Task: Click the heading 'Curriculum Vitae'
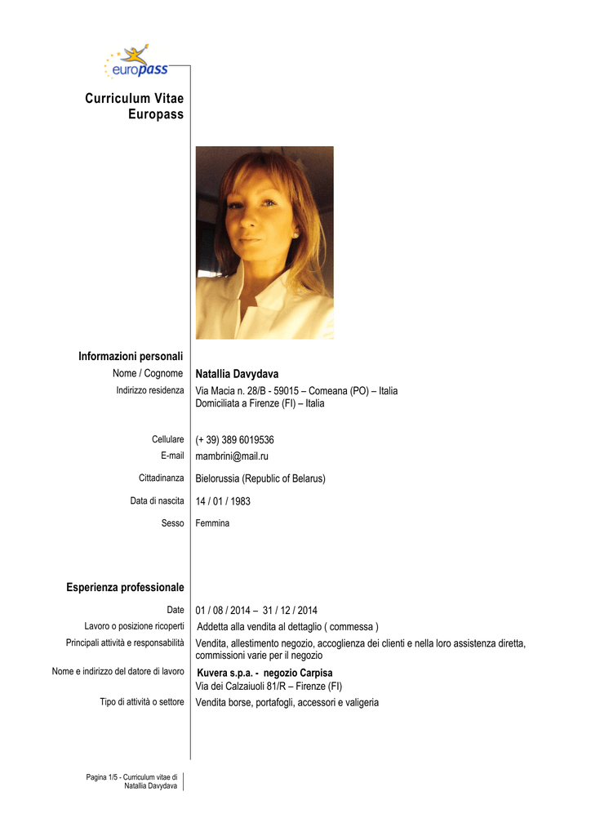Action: coord(134,99)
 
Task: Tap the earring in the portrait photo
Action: coord(295,235)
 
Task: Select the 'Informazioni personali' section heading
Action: coord(131,356)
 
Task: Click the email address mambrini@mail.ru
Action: coord(232,456)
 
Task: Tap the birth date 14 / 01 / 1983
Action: coord(223,501)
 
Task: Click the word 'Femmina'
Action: coord(212,522)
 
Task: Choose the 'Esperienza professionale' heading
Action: coord(125,588)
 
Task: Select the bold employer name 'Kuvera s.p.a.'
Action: coord(222,674)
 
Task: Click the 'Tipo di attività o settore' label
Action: coord(142,702)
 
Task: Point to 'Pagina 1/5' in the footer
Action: coord(102,777)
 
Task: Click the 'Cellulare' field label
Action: coord(167,439)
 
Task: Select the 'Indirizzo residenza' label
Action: coord(149,390)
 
